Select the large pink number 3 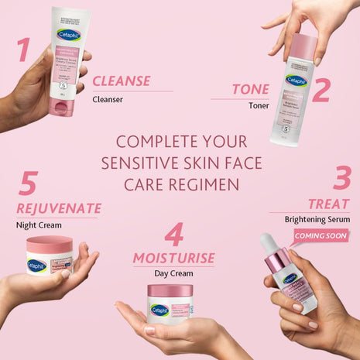point(341,177)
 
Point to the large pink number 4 point(175,235)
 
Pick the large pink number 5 point(29,184)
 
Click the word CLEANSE point(121,81)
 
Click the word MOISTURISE point(173,257)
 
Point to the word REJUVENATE point(59,208)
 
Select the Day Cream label point(173,274)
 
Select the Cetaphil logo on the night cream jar point(36,265)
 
